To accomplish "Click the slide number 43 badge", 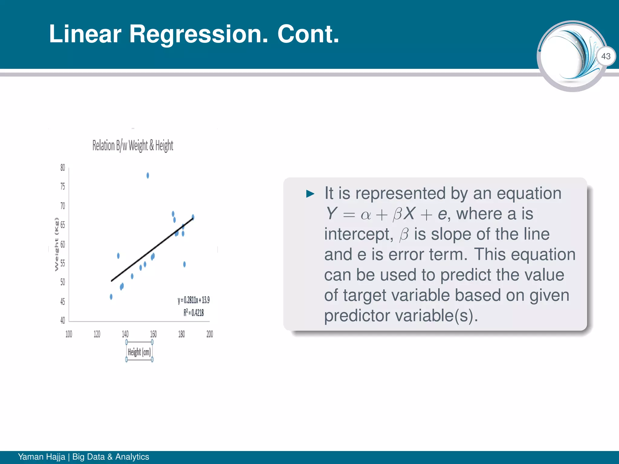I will coord(606,56).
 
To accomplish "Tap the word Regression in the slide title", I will coord(199,34).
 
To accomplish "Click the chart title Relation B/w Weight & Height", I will coord(133,146).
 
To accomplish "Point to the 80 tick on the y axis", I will coord(63,168).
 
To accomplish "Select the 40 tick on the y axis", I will coord(63,320).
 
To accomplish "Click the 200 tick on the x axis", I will coord(209,334).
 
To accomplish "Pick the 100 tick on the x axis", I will coord(69,334).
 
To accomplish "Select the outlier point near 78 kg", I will coord(147,176).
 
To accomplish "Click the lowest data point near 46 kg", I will coord(111,297).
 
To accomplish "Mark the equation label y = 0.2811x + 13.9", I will coord(193,300).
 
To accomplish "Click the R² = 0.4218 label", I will coord(193,313).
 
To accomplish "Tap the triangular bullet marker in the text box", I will coord(310,194).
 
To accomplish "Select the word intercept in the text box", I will coord(358,234).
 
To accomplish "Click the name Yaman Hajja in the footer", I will coord(41,457).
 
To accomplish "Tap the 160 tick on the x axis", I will coord(153,334).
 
